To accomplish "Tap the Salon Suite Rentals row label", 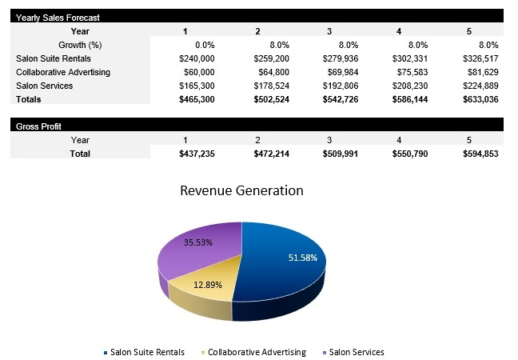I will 54,58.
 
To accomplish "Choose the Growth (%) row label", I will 79,45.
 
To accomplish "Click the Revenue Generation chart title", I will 241,190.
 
